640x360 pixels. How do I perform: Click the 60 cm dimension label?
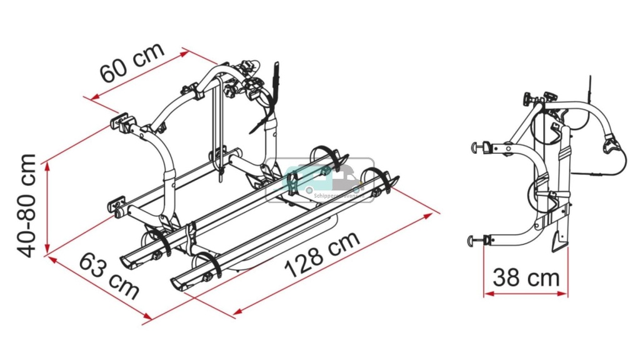click(x=132, y=62)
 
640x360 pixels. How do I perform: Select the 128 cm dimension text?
click(x=322, y=254)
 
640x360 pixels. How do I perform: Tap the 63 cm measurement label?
click(x=108, y=276)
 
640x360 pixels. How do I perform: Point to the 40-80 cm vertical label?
click(x=27, y=206)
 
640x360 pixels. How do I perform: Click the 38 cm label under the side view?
click(x=526, y=277)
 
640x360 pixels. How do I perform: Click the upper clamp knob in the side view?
click(x=479, y=147)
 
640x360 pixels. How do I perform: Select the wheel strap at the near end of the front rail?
click(x=211, y=266)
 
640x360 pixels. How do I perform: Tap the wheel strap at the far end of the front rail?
click(x=381, y=178)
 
